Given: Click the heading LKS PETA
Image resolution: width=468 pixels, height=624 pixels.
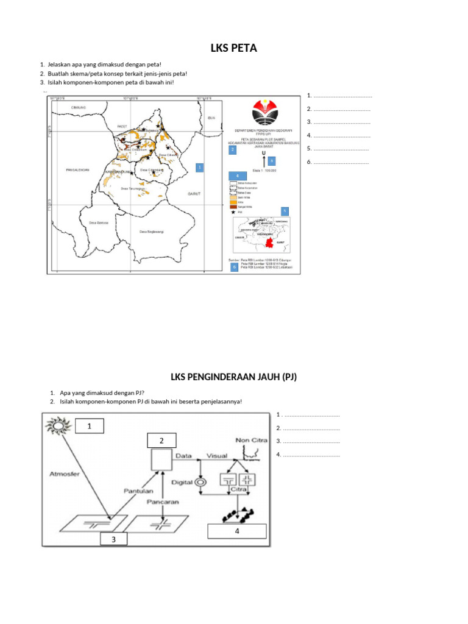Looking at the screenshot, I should (x=233, y=48).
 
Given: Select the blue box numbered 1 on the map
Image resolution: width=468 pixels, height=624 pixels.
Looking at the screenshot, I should (x=200, y=167).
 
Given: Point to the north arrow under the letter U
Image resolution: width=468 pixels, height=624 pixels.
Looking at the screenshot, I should (x=263, y=161).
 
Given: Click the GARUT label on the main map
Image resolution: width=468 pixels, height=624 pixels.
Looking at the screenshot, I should (x=194, y=193).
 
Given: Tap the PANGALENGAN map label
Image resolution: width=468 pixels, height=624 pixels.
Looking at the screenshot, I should (x=77, y=169).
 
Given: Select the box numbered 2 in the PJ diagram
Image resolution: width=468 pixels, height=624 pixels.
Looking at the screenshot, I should (x=161, y=441).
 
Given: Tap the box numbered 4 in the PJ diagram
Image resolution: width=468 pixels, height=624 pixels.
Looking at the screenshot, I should (x=237, y=531).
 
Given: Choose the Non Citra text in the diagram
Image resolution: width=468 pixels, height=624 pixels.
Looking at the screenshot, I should (x=249, y=440).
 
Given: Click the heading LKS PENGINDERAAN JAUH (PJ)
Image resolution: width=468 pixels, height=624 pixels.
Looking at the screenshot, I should (x=233, y=377).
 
